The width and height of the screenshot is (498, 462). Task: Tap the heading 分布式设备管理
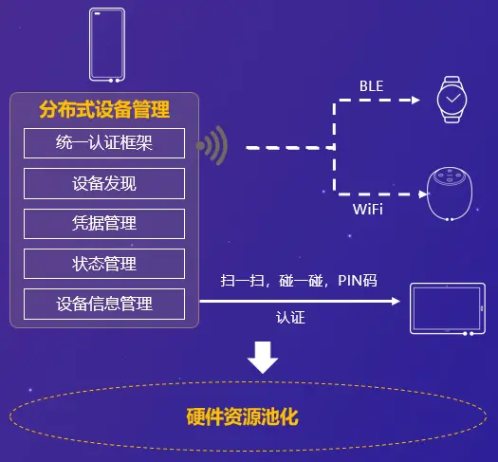104,109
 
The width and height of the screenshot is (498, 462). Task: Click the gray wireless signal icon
212,145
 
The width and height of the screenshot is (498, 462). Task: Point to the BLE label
371,86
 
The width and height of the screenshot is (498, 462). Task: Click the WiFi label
368,210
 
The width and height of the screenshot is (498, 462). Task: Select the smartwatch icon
452,100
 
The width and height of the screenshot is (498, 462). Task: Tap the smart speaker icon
450,194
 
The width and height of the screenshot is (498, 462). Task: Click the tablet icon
448,308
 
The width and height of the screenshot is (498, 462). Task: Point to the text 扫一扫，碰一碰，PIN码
299,281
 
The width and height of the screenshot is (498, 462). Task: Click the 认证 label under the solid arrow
290,318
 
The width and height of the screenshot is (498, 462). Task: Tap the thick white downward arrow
263,358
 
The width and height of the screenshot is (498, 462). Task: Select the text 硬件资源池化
242,416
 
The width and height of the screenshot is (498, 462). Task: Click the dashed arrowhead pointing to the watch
415,100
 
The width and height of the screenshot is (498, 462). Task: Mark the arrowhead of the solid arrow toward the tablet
396,302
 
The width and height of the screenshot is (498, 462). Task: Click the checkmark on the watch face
452,98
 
